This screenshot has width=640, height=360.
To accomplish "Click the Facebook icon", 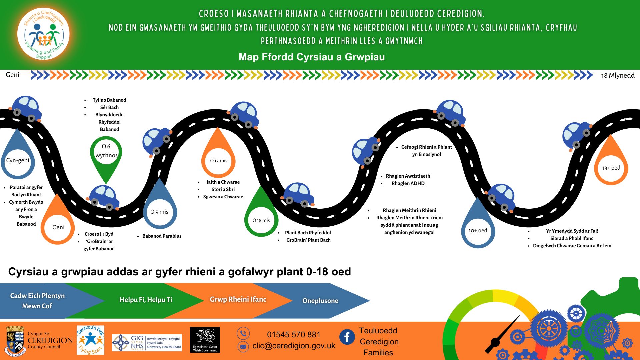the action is click(x=347, y=337).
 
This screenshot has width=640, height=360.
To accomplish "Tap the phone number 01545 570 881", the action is click(x=293, y=334).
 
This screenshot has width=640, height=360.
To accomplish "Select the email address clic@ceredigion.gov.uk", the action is click(x=294, y=346).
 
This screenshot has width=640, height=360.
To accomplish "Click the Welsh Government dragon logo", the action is click(x=205, y=340).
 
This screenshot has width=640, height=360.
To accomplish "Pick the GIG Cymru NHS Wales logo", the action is click(x=147, y=343).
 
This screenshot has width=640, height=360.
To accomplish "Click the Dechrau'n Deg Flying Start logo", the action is click(x=90, y=340).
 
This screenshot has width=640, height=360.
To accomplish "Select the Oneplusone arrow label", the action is click(x=320, y=301).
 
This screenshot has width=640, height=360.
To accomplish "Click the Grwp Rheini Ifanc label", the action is click(x=238, y=299).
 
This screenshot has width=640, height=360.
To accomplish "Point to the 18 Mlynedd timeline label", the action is click(x=618, y=75).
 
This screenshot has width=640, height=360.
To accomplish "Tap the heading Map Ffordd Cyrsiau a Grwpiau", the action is click(x=312, y=57).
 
